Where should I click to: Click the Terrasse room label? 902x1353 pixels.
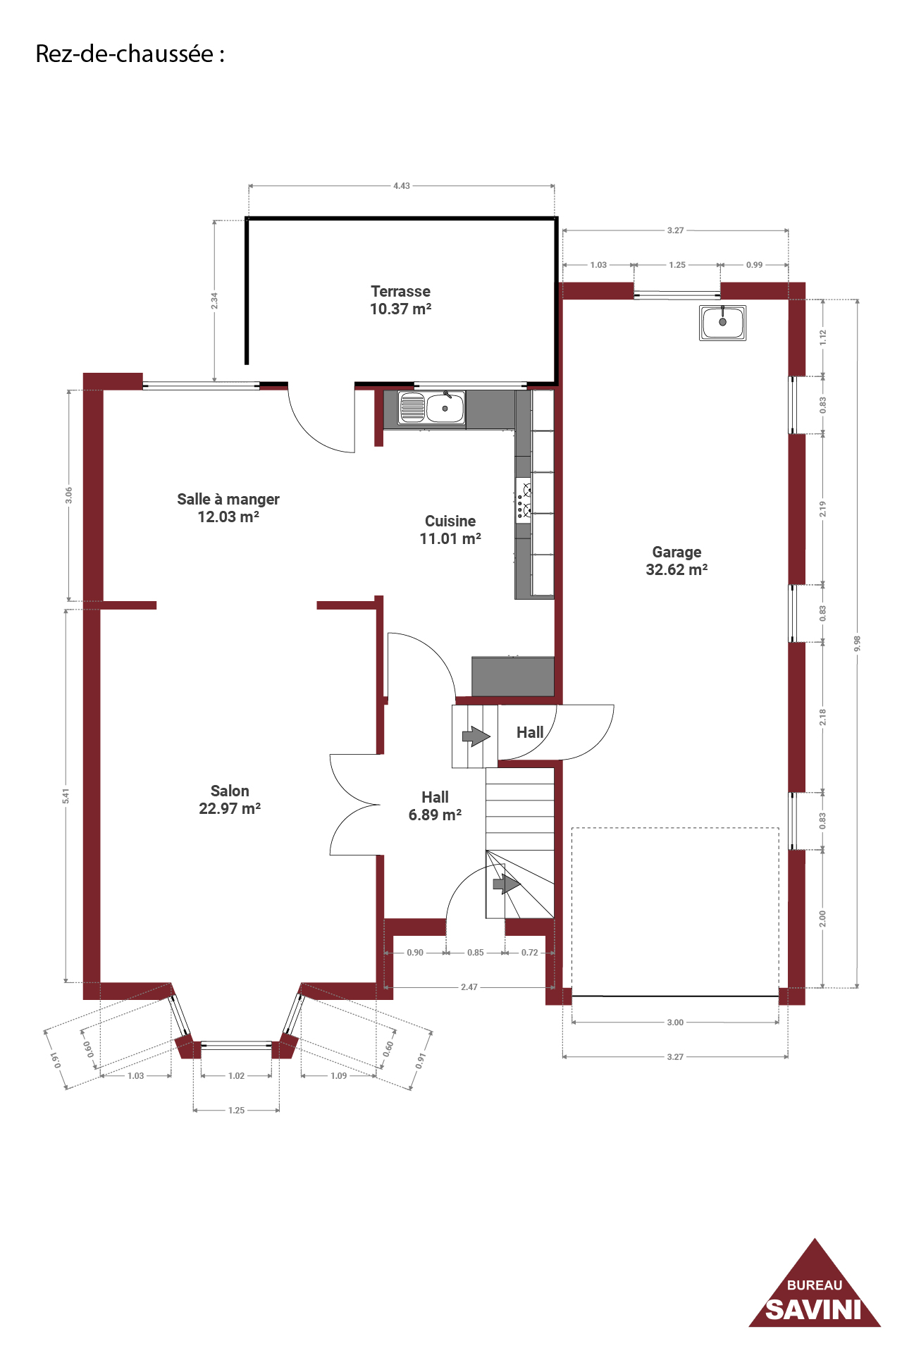pos(400,299)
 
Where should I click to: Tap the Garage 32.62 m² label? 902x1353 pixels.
pos(676,561)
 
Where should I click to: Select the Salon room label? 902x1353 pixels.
pos(230,800)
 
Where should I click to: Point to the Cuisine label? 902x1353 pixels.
pos(450,530)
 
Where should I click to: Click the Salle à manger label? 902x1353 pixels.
pos(228,507)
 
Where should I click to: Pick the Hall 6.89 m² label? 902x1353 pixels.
pos(435,805)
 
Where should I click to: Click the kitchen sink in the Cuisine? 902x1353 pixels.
pos(431,408)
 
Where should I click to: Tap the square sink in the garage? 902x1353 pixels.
pos(722,323)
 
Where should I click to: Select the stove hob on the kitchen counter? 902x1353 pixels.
pos(524,499)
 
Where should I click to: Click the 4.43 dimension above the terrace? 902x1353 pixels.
pos(402,186)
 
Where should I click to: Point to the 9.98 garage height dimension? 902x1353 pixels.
pos(858,643)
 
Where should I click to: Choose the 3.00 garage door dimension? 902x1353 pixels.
pos(675,1023)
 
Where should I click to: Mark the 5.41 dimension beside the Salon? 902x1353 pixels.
pos(66,796)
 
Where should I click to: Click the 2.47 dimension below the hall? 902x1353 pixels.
pos(469,987)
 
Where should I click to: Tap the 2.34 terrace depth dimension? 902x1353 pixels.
pos(214,301)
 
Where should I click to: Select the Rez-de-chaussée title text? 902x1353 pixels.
pos(130,54)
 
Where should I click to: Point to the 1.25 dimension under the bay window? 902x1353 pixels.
pos(236,1111)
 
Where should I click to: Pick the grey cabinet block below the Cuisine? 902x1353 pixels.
pos(513,676)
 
